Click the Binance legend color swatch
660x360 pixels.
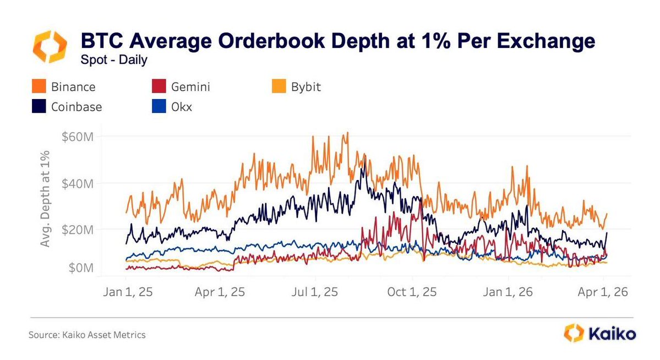[39, 87]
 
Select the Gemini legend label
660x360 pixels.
[191, 87]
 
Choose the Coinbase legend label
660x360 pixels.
[77, 107]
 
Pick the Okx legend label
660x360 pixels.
[182, 107]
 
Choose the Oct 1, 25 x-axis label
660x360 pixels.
[412, 292]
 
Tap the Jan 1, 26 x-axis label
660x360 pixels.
[508, 292]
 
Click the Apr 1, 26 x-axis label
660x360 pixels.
[602, 292]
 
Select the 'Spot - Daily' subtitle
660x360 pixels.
[114, 60]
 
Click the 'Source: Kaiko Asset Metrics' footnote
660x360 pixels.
[88, 335]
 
